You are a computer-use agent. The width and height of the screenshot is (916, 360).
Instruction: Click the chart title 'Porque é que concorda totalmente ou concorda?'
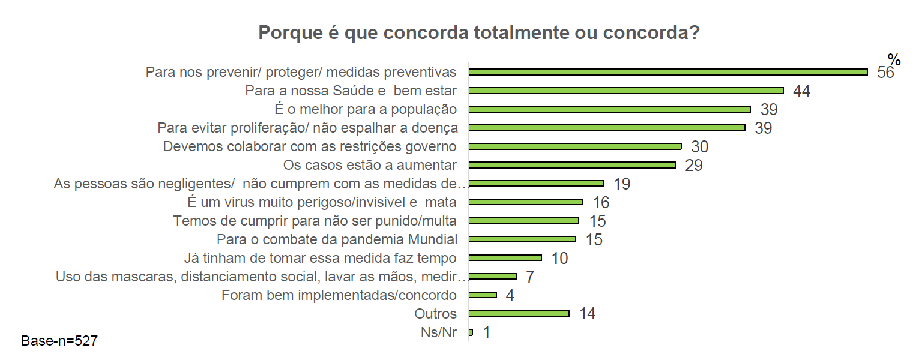coord(479,33)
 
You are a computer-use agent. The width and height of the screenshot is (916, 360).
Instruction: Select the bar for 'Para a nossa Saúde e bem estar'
coord(626,91)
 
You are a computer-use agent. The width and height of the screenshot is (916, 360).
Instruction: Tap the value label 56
coord(885,73)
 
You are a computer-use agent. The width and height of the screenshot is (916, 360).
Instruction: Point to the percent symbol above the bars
coord(894,60)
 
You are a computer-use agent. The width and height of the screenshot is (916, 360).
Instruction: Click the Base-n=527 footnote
coord(59,341)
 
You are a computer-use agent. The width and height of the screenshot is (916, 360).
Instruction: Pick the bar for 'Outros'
coord(519,313)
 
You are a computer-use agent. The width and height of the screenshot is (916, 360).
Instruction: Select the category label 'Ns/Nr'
coord(438,332)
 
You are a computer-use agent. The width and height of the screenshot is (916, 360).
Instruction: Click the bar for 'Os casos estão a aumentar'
coord(572,165)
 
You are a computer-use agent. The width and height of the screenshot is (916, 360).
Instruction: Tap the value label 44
coord(801,91)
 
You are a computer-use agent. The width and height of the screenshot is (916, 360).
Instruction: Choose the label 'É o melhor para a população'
coord(364,109)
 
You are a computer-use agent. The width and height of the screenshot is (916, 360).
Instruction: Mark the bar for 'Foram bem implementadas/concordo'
coord(483,295)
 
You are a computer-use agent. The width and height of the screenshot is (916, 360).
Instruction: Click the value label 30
coord(699,147)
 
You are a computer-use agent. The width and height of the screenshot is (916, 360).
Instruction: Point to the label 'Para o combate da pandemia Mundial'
coord(337,239)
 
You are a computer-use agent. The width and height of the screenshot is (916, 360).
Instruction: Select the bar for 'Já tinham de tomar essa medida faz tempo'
coord(505,257)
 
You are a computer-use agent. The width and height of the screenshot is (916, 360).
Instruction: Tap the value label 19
coord(621,184)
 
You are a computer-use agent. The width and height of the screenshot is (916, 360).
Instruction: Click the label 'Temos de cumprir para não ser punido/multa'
coord(315,221)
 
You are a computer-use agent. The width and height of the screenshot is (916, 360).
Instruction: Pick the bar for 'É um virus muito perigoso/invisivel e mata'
coord(526,202)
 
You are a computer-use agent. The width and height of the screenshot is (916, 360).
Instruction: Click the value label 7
coord(529,277)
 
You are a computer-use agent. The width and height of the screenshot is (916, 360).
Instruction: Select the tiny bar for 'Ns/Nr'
coord(471,332)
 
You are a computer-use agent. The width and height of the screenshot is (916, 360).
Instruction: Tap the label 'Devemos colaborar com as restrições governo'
coord(310,146)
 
